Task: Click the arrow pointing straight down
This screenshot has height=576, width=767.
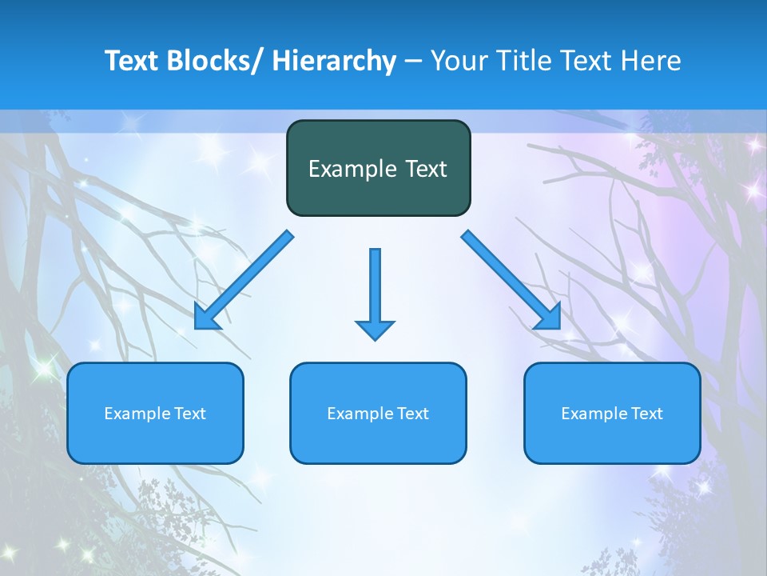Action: click(x=375, y=288)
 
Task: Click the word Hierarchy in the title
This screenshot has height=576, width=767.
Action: click(x=334, y=61)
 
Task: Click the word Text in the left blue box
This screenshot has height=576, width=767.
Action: click(x=190, y=414)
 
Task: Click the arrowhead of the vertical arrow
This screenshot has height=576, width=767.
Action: click(x=375, y=330)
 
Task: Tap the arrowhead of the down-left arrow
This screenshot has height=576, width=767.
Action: click(x=205, y=318)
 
